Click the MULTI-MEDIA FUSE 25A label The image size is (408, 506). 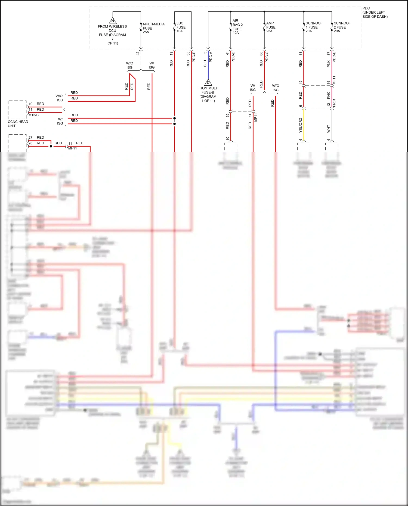153,28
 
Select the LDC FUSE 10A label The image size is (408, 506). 181,27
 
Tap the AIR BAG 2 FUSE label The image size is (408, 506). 237,27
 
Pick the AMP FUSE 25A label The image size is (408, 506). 271,27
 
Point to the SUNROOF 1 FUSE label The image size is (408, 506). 314,27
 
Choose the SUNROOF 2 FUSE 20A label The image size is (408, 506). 342,27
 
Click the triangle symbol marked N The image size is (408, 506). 113,21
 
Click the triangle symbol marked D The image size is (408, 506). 208,82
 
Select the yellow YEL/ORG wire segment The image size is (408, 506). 304,125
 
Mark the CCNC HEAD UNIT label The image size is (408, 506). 18,124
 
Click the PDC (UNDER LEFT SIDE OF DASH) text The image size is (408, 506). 375,13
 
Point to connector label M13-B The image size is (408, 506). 34,115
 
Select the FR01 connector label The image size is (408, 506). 334,103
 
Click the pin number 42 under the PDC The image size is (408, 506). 138,54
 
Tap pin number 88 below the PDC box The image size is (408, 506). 301,54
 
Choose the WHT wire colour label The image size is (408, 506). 329,129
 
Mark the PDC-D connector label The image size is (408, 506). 233,57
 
